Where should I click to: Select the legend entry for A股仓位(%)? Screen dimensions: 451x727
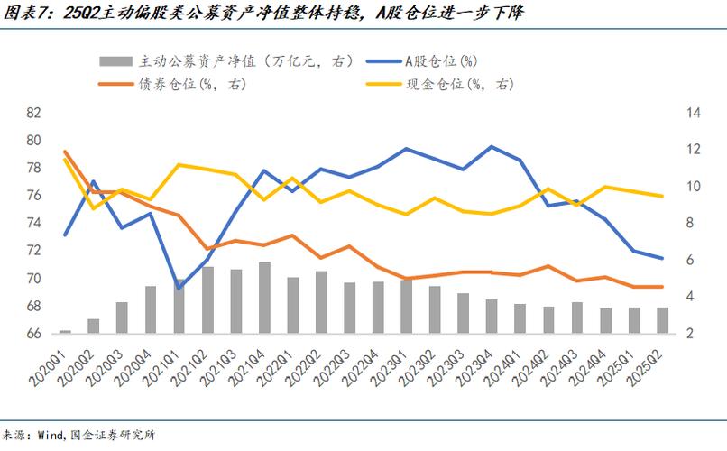point(439,60)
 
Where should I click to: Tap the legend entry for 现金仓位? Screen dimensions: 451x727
point(469,84)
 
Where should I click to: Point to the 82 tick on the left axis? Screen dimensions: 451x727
point(34,113)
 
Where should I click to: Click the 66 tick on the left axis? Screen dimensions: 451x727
point(34,334)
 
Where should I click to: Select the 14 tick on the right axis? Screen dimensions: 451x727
point(668,113)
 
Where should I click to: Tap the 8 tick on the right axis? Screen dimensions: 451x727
point(668,223)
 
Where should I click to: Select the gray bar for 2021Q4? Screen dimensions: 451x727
point(264,298)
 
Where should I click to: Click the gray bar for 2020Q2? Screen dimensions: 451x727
point(93,326)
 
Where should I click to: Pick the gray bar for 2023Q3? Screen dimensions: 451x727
point(463,313)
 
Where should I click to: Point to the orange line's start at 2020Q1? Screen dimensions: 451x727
point(65,152)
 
